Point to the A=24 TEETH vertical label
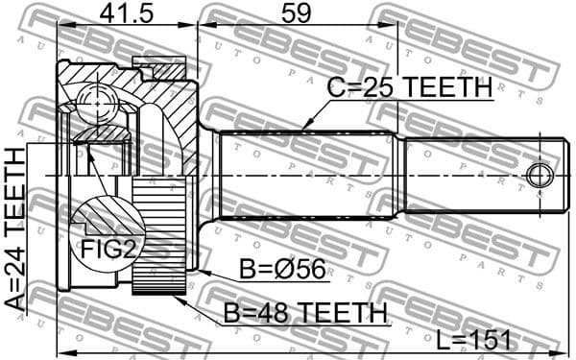click(x=15, y=228)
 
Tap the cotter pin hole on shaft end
click(x=540, y=176)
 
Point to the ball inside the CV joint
click(x=94, y=99)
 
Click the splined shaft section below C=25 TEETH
click(x=307, y=175)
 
